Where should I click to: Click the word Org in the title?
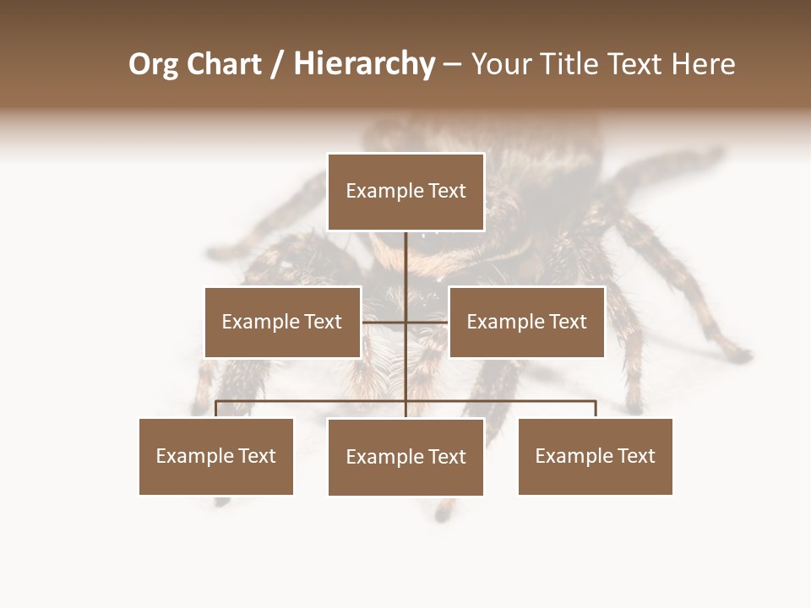click(x=153, y=64)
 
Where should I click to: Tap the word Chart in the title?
click(x=222, y=64)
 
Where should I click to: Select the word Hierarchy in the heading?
click(x=364, y=64)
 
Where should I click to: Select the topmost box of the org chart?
click(x=405, y=192)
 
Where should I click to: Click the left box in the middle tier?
click(x=282, y=322)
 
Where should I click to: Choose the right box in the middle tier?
click(x=526, y=322)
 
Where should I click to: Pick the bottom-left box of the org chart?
click(x=216, y=456)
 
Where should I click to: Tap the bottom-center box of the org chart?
click(x=405, y=457)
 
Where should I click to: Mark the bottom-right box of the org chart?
click(x=595, y=456)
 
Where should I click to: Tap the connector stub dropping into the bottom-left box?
click(x=216, y=410)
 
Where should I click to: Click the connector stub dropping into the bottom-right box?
click(x=596, y=410)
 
